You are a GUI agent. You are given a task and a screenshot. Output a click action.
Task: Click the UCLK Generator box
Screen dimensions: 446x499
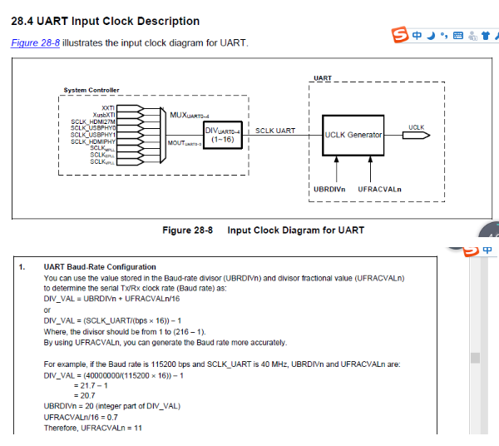click(x=353, y=135)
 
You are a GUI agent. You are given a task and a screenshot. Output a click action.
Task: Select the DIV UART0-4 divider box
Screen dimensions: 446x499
click(x=222, y=135)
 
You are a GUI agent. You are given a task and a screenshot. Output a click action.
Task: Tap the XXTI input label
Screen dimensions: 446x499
click(x=108, y=108)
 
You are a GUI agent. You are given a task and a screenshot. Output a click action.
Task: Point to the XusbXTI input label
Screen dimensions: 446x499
click(x=104, y=115)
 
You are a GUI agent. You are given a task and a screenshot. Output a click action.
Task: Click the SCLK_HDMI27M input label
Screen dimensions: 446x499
click(x=93, y=121)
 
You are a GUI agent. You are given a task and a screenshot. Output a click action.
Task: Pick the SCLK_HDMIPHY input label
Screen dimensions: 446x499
click(x=93, y=141)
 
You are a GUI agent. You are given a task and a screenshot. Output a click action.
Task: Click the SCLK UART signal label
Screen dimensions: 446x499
click(x=275, y=131)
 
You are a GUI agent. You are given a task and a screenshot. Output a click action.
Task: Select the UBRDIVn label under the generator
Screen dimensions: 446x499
click(x=329, y=189)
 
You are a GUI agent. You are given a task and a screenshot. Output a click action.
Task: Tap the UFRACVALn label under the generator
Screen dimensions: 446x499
click(x=379, y=189)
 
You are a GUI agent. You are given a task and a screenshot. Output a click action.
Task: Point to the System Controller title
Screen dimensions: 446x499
click(x=91, y=90)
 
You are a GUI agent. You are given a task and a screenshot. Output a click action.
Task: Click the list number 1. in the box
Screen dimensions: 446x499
click(x=22, y=267)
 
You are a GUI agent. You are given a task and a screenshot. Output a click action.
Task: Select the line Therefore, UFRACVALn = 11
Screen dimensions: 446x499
click(x=93, y=427)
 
